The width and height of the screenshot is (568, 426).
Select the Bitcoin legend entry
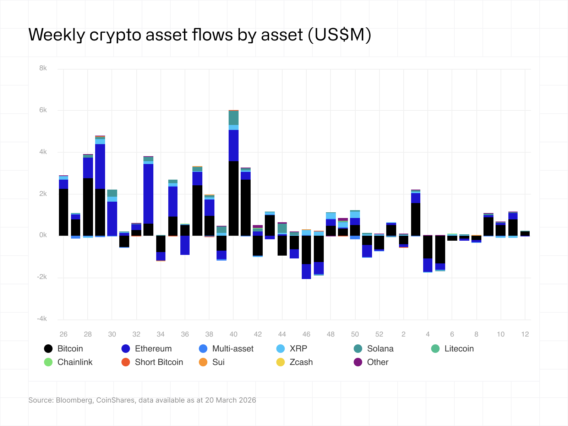tap(70, 349)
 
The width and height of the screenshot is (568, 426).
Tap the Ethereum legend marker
tap(126, 349)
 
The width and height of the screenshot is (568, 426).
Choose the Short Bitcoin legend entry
tap(159, 362)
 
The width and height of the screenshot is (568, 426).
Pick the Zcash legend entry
tap(301, 362)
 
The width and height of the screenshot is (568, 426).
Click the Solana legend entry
tap(380, 349)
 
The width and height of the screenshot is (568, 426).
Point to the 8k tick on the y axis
tap(43, 68)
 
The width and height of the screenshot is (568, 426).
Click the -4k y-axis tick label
tap(42, 319)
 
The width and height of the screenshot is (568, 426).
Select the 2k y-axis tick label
tap(43, 193)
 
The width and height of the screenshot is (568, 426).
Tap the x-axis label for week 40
tap(233, 334)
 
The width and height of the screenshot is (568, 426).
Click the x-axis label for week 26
tap(64, 334)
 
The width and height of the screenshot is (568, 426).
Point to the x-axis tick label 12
tap(525, 334)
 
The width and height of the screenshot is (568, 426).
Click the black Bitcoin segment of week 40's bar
tap(233, 199)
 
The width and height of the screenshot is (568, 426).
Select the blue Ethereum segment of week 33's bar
tap(148, 193)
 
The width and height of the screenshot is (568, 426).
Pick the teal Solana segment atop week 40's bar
tap(233, 118)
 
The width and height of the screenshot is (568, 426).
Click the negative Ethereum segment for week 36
tap(185, 245)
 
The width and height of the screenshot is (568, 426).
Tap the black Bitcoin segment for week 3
tap(416, 219)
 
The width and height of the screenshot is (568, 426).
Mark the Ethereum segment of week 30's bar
tap(112, 218)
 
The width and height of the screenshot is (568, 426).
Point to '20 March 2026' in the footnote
tap(230, 400)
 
